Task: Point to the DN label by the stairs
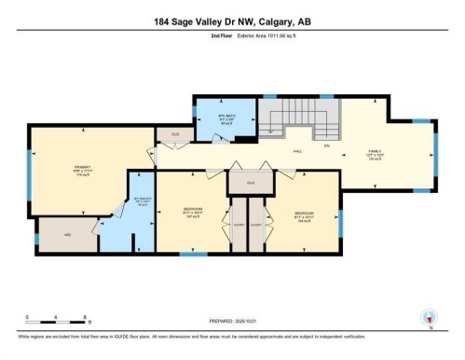327,146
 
